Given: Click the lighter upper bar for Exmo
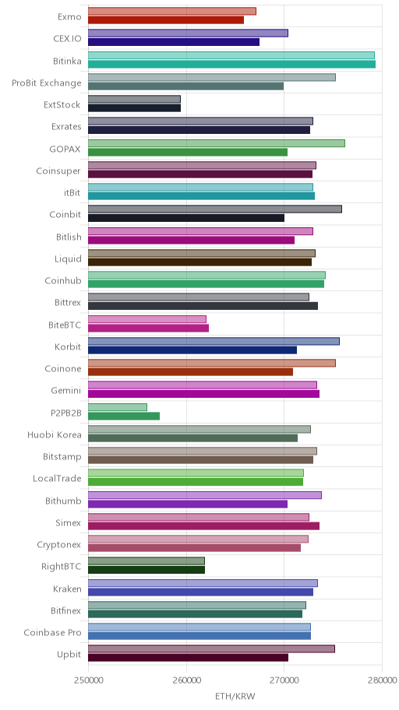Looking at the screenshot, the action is pyautogui.click(x=172, y=12).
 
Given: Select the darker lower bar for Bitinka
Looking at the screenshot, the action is pyautogui.click(x=231, y=65).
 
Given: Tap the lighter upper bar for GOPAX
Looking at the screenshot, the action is pyautogui.click(x=217, y=143).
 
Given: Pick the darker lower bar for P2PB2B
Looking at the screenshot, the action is pyautogui.click(x=124, y=417).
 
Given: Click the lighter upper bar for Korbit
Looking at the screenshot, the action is pyautogui.click(x=214, y=342).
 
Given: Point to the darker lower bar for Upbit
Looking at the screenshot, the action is pyautogui.click(x=188, y=658).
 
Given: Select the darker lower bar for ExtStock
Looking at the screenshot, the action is pyautogui.click(x=134, y=108).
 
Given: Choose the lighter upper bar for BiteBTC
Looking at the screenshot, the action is pyautogui.click(x=147, y=319).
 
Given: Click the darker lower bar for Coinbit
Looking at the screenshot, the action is pyautogui.click(x=186, y=218).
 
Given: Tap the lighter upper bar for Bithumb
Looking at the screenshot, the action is pyautogui.click(x=205, y=495).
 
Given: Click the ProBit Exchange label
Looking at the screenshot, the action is pyautogui.click(x=47, y=83).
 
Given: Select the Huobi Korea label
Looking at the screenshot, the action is pyautogui.click(x=55, y=435).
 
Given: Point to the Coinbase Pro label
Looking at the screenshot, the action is pyautogui.click(x=52, y=633).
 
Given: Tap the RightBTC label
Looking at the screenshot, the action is pyautogui.click(x=62, y=567).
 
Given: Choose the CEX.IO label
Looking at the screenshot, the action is pyautogui.click(x=68, y=39).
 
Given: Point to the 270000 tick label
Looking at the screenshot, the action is pyautogui.click(x=284, y=680).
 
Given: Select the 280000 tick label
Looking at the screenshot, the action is pyautogui.click(x=382, y=680).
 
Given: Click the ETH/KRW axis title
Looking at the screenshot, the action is pyautogui.click(x=235, y=697).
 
